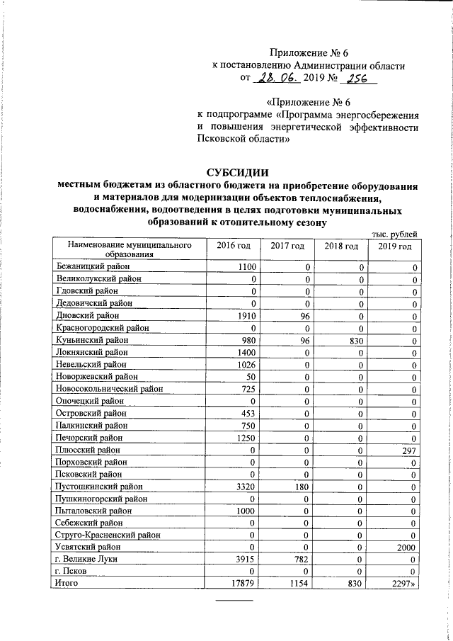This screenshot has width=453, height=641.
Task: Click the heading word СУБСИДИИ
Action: tap(238, 171)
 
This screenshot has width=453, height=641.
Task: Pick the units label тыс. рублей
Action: tap(395, 234)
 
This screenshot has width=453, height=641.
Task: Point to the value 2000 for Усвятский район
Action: tap(403, 547)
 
